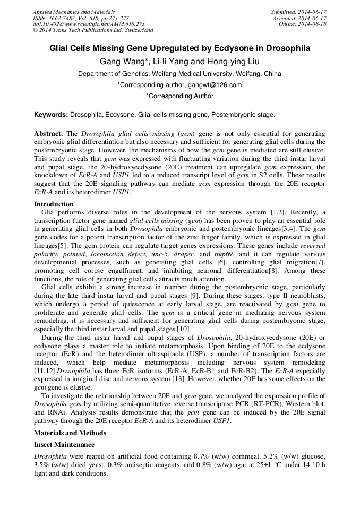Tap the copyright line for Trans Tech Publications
pos(93,30)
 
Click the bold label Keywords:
pos(51,115)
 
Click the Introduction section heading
pos(54,204)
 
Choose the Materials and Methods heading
pos(70,433)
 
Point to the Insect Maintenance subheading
pos(64,445)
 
